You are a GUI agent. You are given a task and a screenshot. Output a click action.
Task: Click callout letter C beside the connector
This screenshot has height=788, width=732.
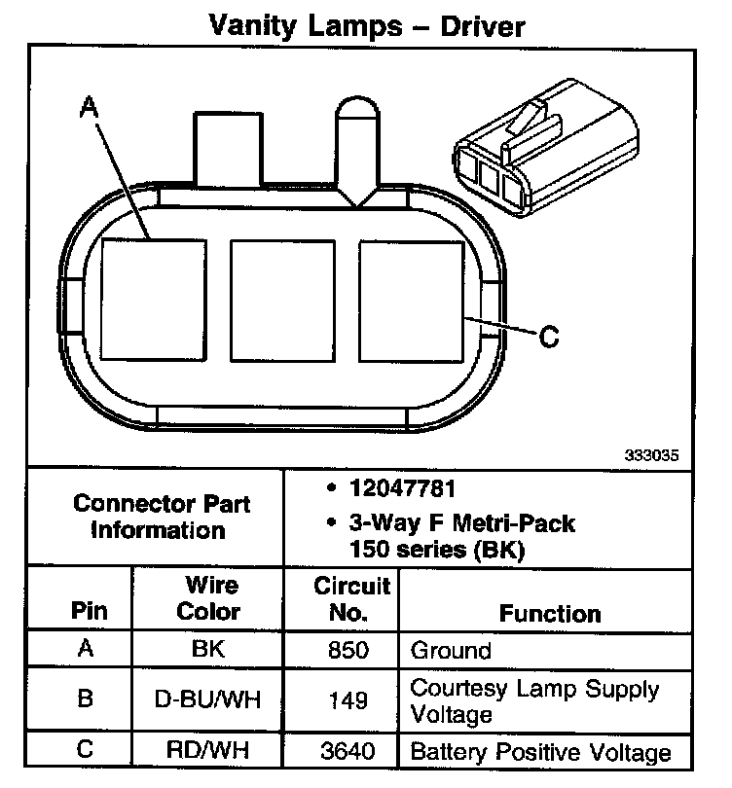tap(549, 337)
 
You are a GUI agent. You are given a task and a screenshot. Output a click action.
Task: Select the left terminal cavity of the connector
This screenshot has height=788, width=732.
tap(153, 298)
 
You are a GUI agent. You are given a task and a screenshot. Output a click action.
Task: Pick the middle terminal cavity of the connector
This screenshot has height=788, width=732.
tap(282, 298)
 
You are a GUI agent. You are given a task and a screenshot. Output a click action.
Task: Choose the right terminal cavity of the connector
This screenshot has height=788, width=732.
tap(411, 298)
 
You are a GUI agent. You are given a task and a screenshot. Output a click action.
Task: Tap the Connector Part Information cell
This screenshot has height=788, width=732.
tap(162, 517)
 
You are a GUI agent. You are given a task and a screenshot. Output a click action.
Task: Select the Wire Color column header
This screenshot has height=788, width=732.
tap(211, 598)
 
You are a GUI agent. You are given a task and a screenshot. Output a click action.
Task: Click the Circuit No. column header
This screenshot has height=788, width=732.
tap(340, 598)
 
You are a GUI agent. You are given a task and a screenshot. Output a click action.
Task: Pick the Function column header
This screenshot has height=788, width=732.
tap(550, 614)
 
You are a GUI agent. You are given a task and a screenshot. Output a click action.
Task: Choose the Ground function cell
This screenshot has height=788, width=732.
tap(451, 649)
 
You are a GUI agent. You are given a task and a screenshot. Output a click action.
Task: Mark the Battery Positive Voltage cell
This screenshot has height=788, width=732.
tap(540, 752)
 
